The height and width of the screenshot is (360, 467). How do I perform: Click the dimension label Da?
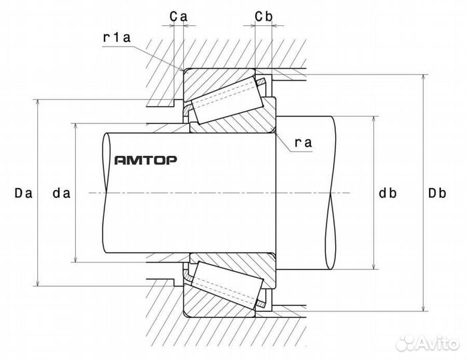tap(23, 193)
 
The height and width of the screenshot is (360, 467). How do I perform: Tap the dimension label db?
tap(388, 193)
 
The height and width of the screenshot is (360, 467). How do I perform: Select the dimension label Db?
tap(437, 193)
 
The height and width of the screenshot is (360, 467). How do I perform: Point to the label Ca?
tap(177, 14)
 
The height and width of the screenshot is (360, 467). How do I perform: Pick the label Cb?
tap(263, 14)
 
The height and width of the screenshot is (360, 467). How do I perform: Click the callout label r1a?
tap(116, 38)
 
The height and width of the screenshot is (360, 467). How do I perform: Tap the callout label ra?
tap(303, 142)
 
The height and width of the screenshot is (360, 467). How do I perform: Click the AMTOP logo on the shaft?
tap(145, 160)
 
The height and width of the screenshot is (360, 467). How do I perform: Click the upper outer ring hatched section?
tap(213, 75)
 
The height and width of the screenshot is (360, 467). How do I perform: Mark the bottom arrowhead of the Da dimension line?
tap(38, 283)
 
